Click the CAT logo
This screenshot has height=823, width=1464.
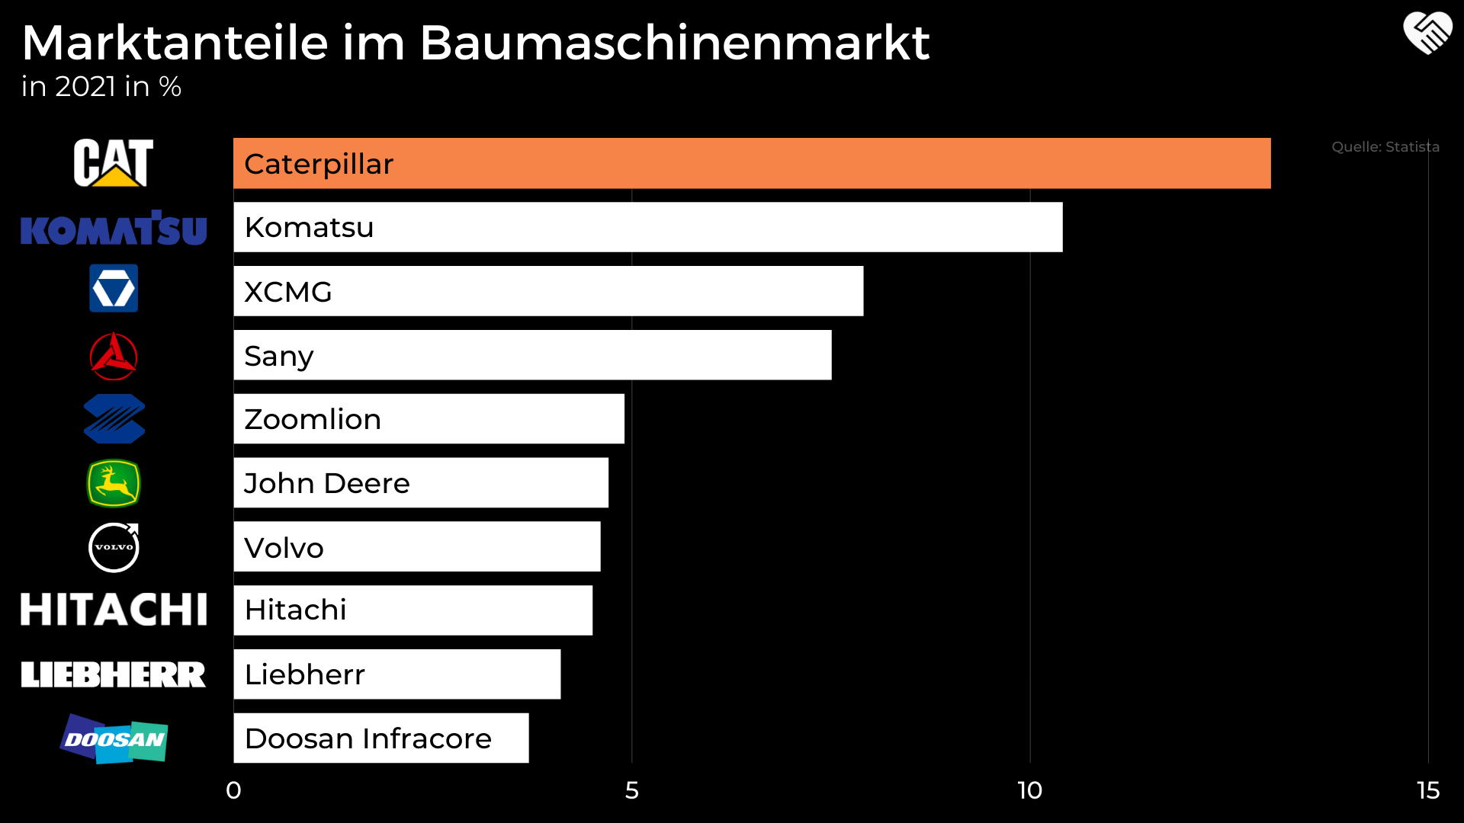click(x=113, y=162)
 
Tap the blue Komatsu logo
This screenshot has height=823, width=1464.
click(x=114, y=229)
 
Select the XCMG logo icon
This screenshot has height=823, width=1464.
click(x=114, y=288)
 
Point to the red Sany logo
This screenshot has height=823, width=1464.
click(x=114, y=356)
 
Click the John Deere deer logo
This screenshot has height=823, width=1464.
click(x=114, y=483)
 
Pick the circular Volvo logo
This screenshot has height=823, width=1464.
click(x=114, y=547)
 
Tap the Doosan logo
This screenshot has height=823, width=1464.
click(x=114, y=738)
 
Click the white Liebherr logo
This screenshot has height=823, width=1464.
click(x=114, y=674)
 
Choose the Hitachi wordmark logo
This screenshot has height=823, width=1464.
click(x=114, y=610)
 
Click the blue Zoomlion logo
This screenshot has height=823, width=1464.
click(x=114, y=419)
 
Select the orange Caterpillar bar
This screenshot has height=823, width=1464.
click(x=751, y=163)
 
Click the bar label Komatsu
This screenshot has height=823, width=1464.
click(x=309, y=227)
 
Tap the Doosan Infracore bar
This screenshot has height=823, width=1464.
click(x=380, y=738)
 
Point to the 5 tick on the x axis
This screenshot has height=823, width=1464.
click(x=631, y=790)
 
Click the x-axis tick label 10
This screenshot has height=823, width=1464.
click(x=1029, y=790)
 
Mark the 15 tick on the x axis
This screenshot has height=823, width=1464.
click(x=1427, y=790)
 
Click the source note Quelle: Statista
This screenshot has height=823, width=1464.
click(x=1385, y=147)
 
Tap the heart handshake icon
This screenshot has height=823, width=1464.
click(x=1427, y=34)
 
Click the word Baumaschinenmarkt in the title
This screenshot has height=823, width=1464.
click(x=674, y=43)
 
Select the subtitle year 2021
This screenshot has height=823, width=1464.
click(x=85, y=87)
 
